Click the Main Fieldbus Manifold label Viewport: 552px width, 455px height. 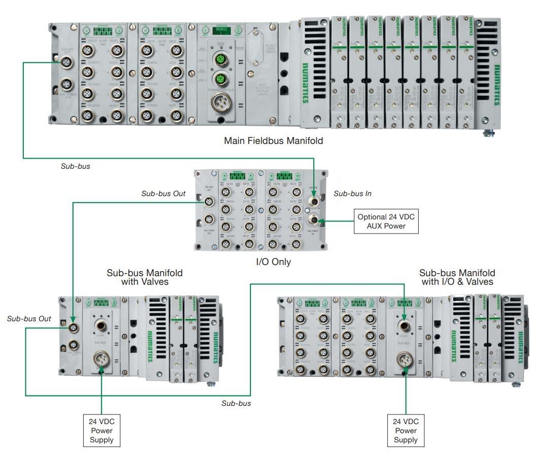tap(273, 141)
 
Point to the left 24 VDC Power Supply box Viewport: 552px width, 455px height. tap(102, 430)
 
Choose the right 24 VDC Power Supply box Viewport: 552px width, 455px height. tap(406, 430)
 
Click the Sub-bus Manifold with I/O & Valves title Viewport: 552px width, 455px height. tap(457, 277)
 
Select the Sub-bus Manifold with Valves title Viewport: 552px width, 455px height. tap(144, 277)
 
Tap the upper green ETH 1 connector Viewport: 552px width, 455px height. tap(220, 61)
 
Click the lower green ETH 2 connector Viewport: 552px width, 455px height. tap(220, 79)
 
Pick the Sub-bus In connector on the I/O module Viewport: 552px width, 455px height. tap(314, 202)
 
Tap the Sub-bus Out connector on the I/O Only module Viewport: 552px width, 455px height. tap(208, 202)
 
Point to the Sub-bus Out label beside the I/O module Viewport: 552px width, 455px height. tap(163, 194)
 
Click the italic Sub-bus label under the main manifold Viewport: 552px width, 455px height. tap(75, 166)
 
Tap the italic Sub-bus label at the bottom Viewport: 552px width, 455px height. tap(236, 403)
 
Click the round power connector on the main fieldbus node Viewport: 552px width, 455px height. tap(220, 103)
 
